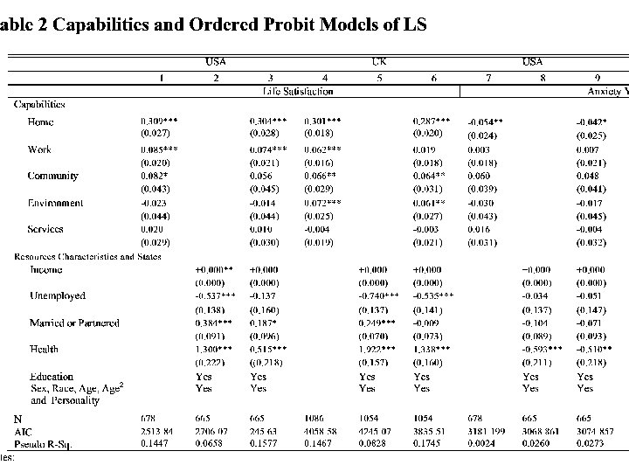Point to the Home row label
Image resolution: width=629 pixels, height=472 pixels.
(40, 121)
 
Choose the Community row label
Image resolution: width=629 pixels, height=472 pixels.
(52, 176)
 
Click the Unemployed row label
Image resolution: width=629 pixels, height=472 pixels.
(57, 296)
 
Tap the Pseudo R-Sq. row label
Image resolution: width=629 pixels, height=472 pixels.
(41, 444)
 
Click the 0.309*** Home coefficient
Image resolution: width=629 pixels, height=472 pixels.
(161, 121)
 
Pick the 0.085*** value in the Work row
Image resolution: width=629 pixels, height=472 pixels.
(160, 149)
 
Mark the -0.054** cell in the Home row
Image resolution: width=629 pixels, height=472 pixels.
(486, 122)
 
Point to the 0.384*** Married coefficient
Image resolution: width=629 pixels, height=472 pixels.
(214, 323)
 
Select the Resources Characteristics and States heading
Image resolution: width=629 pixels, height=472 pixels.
(84, 256)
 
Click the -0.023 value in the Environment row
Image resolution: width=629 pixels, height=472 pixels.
(157, 203)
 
